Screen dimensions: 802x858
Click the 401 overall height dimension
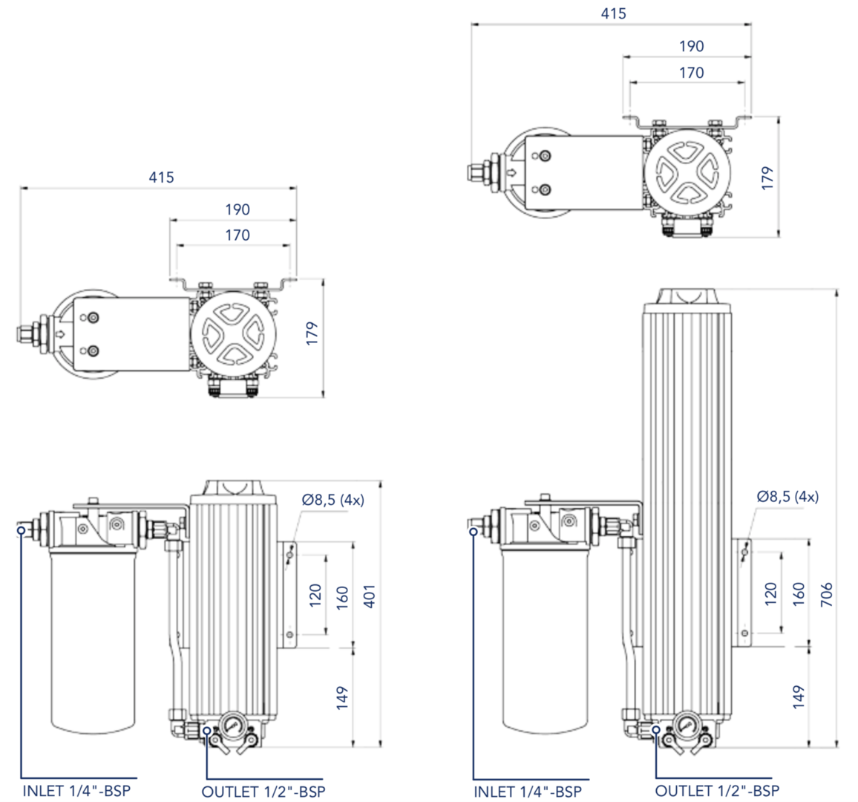coord(370,596)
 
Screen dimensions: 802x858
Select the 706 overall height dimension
coord(826,594)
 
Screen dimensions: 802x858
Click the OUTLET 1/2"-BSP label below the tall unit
coord(717,791)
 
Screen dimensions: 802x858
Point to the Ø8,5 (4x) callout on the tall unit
coord(787,497)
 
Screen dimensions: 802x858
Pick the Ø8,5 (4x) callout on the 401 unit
coord(333,500)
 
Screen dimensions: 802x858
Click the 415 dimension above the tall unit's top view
coord(613,13)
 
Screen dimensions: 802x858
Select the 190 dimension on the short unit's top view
coord(238,209)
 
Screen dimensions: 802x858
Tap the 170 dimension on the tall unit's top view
coord(691,73)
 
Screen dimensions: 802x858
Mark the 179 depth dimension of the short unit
coord(312,333)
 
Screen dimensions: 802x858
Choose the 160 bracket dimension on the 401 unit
coord(342,596)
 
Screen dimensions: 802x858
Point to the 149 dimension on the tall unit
coord(799,697)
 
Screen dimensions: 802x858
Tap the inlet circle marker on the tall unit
coord(473,531)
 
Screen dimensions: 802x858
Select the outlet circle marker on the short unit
coord(206,731)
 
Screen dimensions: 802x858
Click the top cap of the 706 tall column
coord(688,296)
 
